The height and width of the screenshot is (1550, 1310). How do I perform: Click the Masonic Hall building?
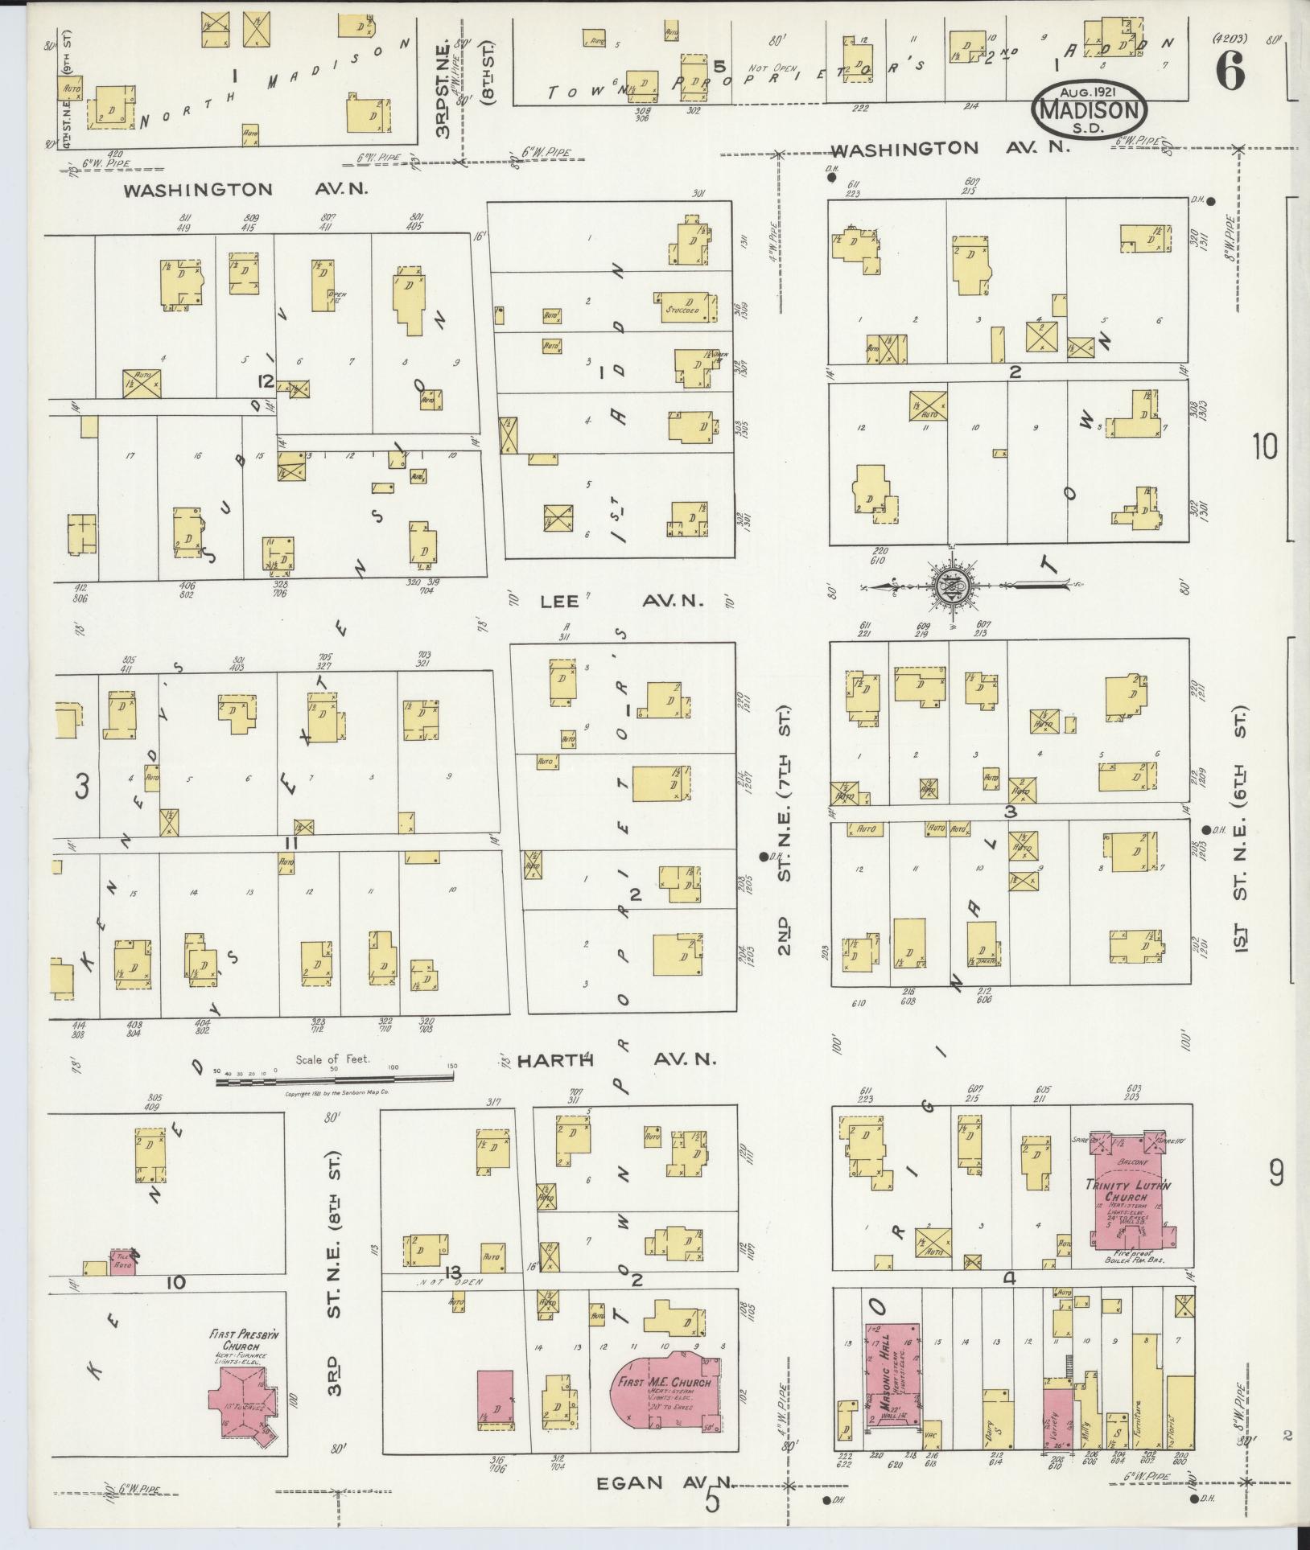(x=893, y=1375)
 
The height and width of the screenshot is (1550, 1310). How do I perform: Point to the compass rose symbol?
(x=953, y=586)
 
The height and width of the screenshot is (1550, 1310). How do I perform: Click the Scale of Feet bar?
(x=334, y=1082)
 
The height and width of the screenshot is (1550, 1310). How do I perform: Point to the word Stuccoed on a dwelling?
(x=682, y=309)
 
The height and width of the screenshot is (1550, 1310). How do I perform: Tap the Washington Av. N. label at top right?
(x=949, y=149)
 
